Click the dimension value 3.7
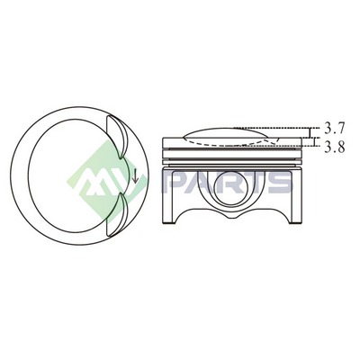pos(334,129)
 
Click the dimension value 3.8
pos(335,147)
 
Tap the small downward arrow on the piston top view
pos(135,175)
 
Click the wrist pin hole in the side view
pos(231,187)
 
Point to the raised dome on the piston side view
pos(227,132)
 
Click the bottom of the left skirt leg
pos(169,222)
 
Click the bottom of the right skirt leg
pos(295,222)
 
